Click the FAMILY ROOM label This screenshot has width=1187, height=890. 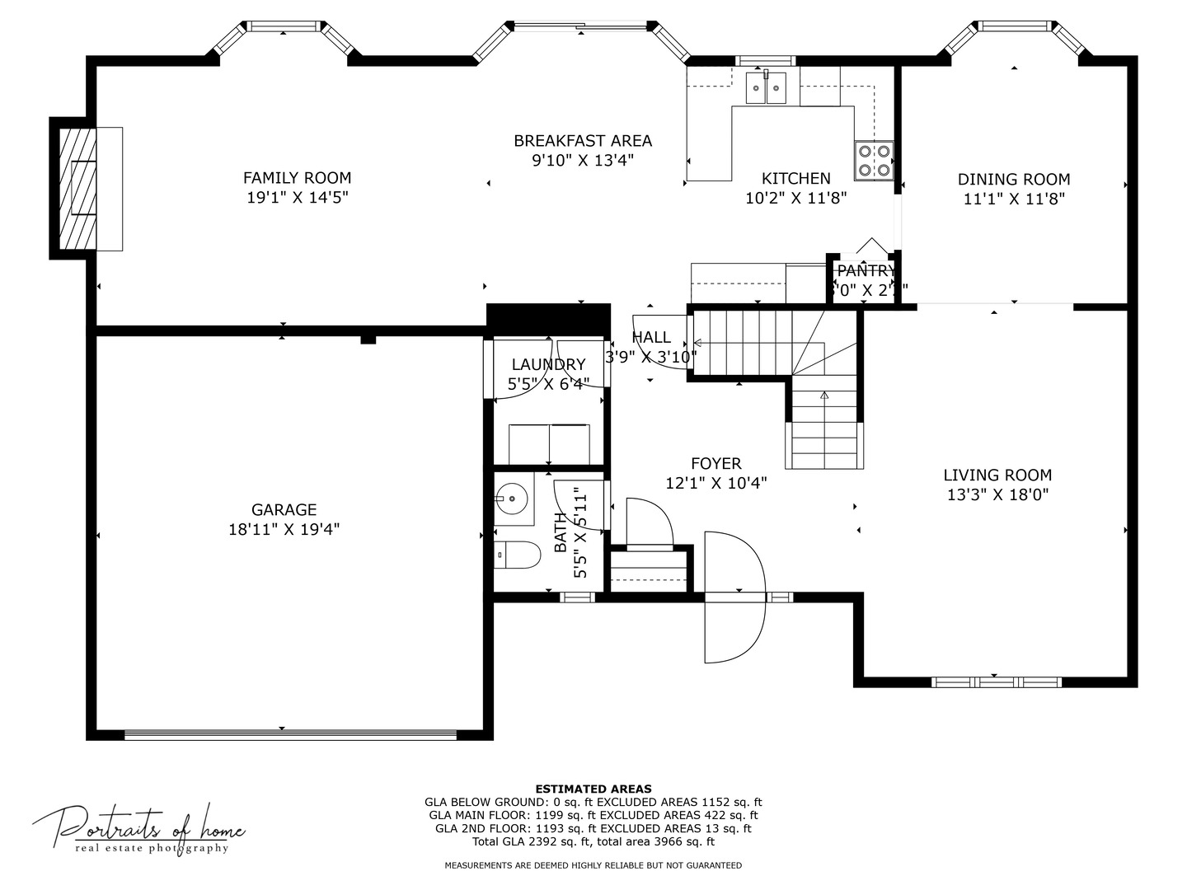(297, 178)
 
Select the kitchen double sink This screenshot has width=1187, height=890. (767, 87)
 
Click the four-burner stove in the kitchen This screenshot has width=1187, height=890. (874, 160)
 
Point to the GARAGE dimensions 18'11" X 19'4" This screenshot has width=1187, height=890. (284, 530)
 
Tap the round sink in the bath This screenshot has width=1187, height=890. (513, 497)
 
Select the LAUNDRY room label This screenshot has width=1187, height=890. (548, 364)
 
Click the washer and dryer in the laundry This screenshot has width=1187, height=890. (549, 444)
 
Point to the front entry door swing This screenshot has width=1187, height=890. (734, 597)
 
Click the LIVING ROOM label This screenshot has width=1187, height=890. (997, 475)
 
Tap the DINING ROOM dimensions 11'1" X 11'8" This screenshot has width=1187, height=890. (1014, 199)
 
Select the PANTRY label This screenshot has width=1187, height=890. (866, 271)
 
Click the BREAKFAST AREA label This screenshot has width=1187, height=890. (583, 141)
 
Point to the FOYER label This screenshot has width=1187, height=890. (715, 464)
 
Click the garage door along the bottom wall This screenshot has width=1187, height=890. (290, 734)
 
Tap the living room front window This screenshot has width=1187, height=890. (996, 682)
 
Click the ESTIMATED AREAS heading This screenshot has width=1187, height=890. (593, 789)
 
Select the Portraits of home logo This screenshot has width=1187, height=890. (138, 827)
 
